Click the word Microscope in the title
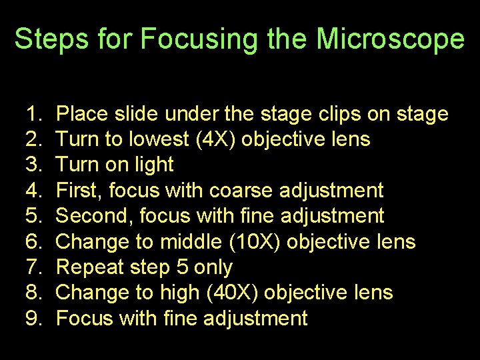(390, 39)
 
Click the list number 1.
(35, 114)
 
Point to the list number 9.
(35, 319)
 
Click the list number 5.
(35, 216)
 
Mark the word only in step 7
(213, 267)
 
